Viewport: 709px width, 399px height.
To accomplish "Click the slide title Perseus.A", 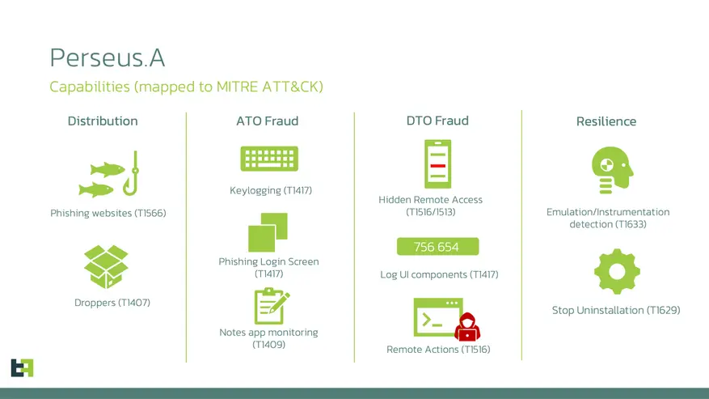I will point(107,57).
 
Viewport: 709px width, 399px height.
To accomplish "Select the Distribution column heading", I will point(103,121).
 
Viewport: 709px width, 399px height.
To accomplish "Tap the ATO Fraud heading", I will point(267,121).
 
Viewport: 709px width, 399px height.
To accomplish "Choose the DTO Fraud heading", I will point(437,121).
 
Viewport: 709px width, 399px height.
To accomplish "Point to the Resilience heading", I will point(606,121).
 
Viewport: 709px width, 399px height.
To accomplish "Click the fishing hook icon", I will point(132,172).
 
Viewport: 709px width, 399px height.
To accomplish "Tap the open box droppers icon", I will point(107,266).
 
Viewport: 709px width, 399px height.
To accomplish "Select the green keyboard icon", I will point(269,159).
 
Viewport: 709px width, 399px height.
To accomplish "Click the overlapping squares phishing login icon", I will point(268,231).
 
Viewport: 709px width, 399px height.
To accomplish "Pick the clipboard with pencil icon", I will point(270,306).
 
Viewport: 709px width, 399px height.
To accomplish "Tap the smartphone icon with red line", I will point(437,164).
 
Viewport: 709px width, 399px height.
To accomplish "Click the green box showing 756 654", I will point(437,247).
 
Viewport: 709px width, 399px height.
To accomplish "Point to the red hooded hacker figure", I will point(466,327).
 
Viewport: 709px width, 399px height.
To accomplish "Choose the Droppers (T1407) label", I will point(112,303).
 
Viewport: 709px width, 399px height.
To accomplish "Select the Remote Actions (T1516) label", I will point(438,350).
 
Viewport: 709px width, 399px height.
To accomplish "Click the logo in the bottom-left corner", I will point(22,367).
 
